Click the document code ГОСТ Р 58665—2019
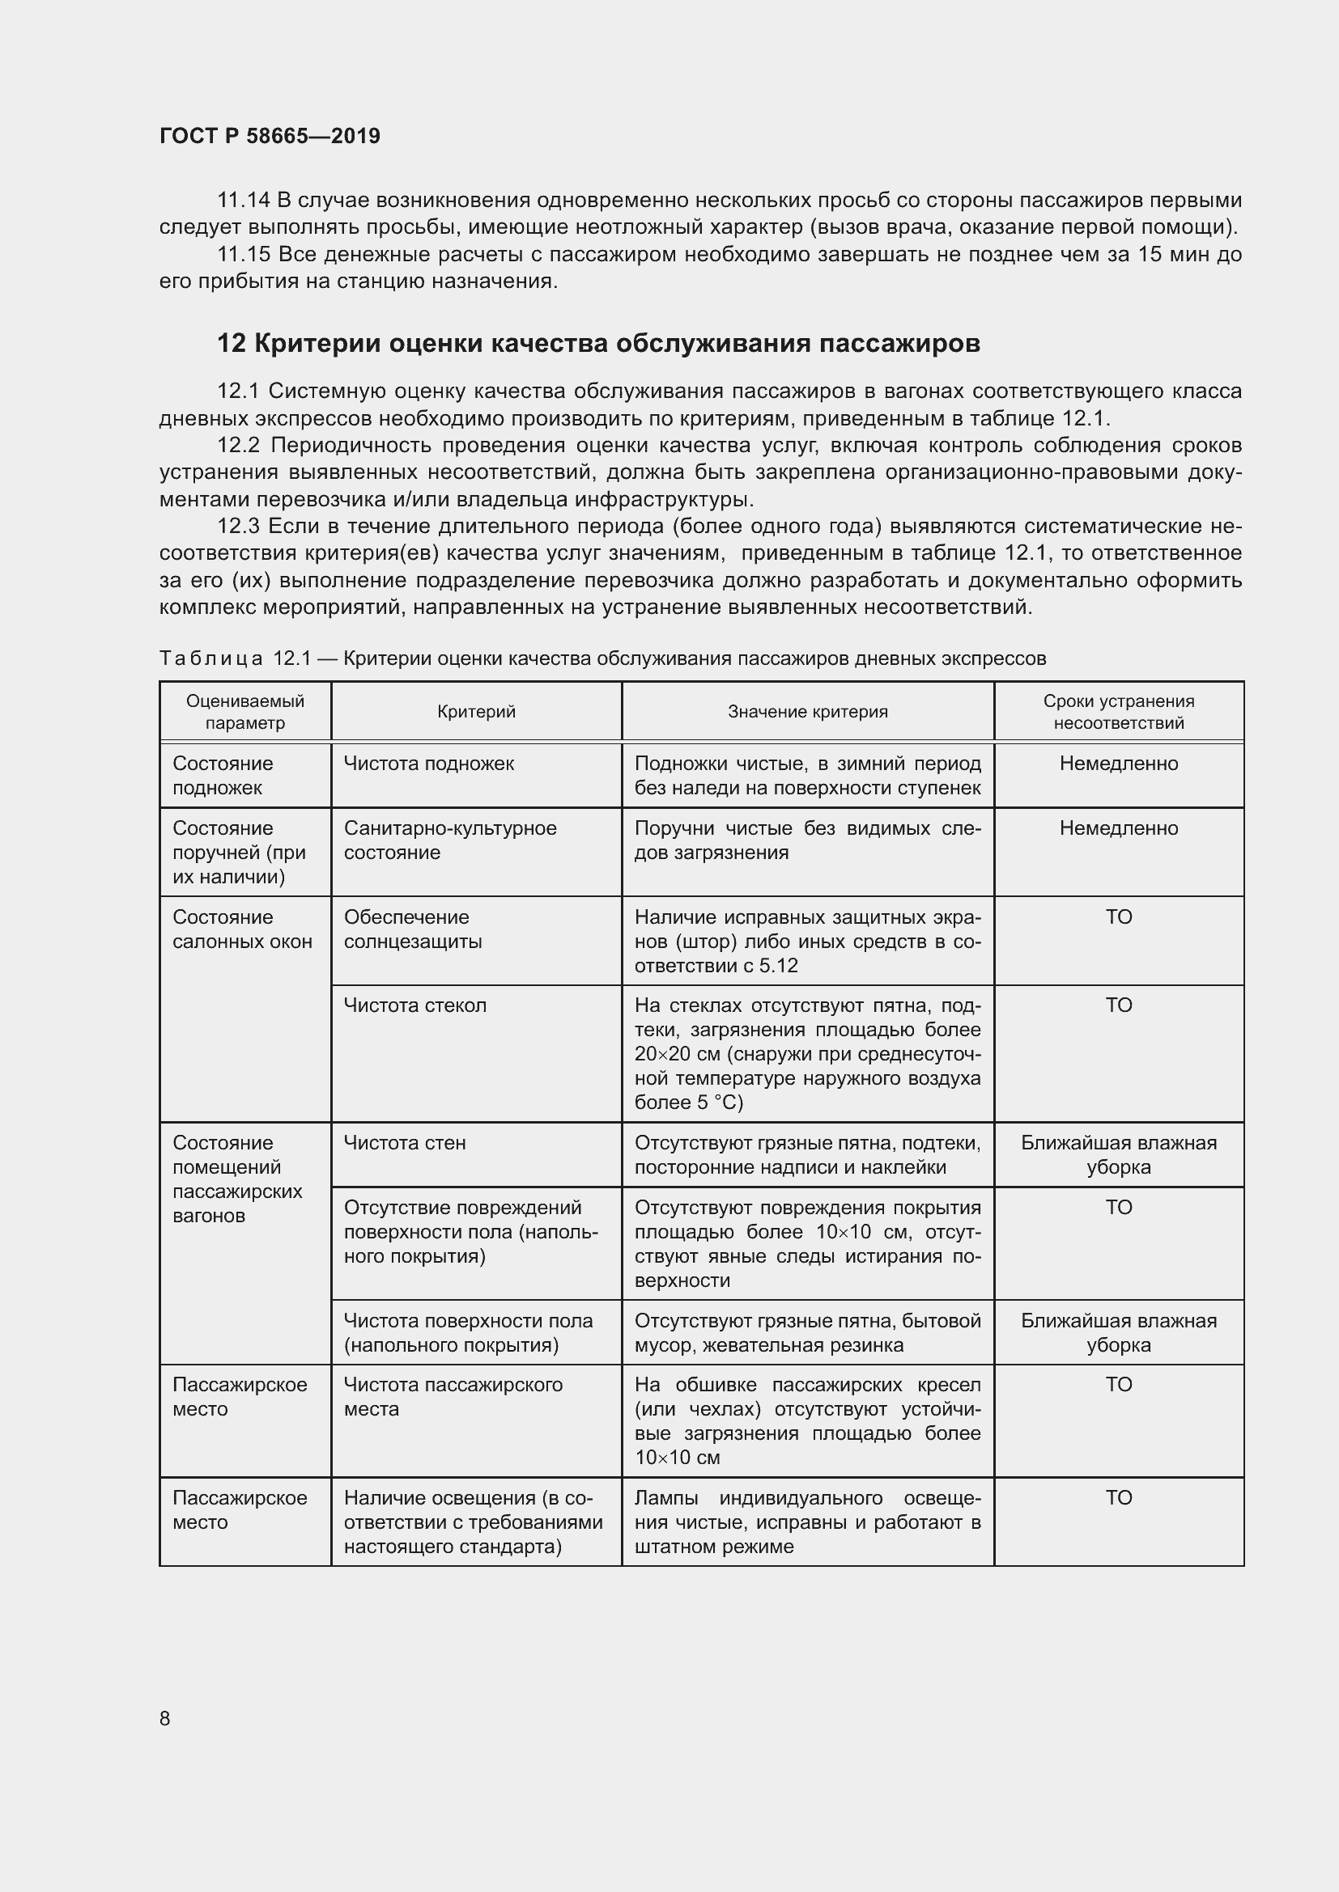coord(270,136)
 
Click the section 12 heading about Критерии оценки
coord(597,343)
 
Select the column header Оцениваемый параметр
coord(244,712)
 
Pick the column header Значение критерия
coord(807,712)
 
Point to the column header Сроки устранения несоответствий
coord(1118,712)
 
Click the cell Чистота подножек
coord(429,764)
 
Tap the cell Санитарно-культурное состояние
coord(450,840)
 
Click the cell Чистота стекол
coord(414,1005)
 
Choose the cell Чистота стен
coord(405,1143)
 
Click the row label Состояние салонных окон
coord(242,929)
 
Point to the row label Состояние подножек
coord(223,776)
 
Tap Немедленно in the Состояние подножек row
coord(1118,764)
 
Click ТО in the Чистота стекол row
coord(1118,1005)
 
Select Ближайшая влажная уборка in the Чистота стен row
coord(1118,1154)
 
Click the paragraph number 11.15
coord(244,255)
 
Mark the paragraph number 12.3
coord(238,526)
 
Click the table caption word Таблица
coord(211,658)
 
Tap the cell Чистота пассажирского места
coord(453,1397)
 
